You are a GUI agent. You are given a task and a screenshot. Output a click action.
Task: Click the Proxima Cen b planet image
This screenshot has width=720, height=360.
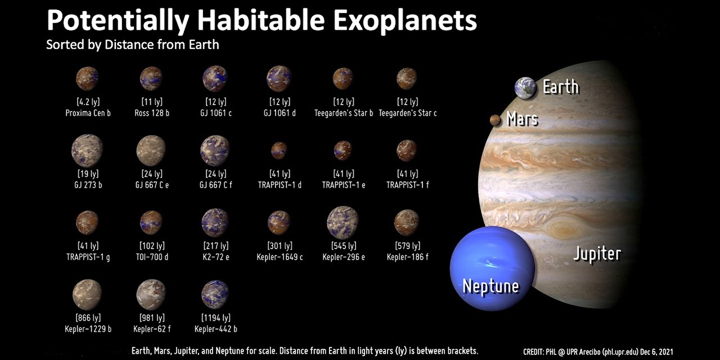coord(87,79)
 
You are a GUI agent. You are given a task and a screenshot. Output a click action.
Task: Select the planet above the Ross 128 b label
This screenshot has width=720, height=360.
coord(151,79)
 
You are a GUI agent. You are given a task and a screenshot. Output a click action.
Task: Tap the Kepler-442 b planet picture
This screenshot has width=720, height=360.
coord(214,294)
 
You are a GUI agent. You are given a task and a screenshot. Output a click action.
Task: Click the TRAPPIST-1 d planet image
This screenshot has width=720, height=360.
coord(279,150)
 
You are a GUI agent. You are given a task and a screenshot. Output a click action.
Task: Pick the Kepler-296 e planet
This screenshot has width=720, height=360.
coord(343,222)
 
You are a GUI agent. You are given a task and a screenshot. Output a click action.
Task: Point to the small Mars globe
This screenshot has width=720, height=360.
coord(495,120)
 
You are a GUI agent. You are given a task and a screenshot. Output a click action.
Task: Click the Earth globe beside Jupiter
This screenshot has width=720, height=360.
coord(525,88)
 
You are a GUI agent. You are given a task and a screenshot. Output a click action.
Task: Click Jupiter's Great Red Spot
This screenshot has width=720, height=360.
coord(562,230)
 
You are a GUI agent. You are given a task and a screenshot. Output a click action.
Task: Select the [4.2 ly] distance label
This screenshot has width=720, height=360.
coord(87,102)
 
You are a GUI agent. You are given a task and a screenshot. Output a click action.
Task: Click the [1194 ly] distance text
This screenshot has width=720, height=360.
coord(215,318)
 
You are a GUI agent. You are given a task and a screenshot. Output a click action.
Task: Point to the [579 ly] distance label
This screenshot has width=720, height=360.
coord(407,246)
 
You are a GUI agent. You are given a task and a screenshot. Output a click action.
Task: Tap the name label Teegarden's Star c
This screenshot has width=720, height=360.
coord(408,113)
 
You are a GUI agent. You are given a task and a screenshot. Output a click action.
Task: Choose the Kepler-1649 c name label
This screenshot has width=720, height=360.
coord(280,257)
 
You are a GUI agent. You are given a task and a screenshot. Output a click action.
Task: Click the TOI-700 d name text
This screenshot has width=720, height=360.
coord(152,257)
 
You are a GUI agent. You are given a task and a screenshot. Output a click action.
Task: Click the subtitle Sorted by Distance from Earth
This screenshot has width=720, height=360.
coord(133,44)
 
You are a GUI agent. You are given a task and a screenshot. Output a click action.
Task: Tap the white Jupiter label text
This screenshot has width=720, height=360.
coord(597,254)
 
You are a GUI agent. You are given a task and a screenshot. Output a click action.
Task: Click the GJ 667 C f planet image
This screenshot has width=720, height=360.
coord(215,150)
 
